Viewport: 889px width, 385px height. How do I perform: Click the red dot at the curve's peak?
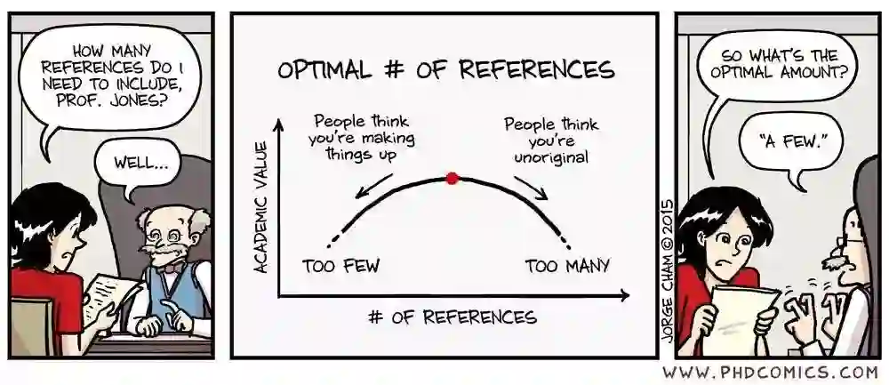tap(452, 178)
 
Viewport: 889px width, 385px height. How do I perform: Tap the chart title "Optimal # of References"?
tap(444, 70)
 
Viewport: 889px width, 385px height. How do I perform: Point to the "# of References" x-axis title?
tap(453, 317)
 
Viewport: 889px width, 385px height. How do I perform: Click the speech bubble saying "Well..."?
tap(140, 164)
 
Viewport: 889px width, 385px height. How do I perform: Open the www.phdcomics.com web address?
tap(770, 372)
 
